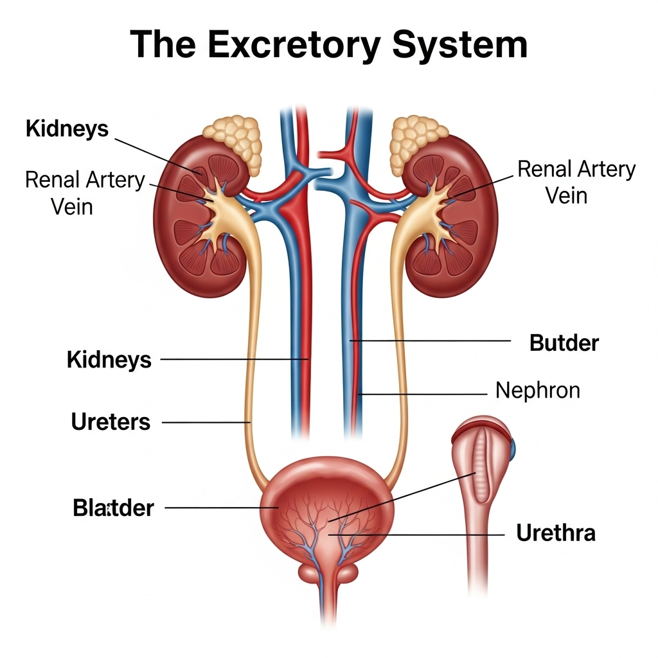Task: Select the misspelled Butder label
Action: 564,343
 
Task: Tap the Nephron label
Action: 537,390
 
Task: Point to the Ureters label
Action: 111,422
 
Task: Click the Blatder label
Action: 113,508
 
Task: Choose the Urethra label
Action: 555,533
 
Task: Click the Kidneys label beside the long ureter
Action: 109,360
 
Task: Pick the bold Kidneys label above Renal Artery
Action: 67,129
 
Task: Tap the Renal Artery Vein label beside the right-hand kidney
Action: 576,182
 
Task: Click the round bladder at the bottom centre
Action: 328,508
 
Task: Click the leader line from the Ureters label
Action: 206,422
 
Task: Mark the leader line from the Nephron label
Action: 424,393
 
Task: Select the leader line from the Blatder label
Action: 218,508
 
